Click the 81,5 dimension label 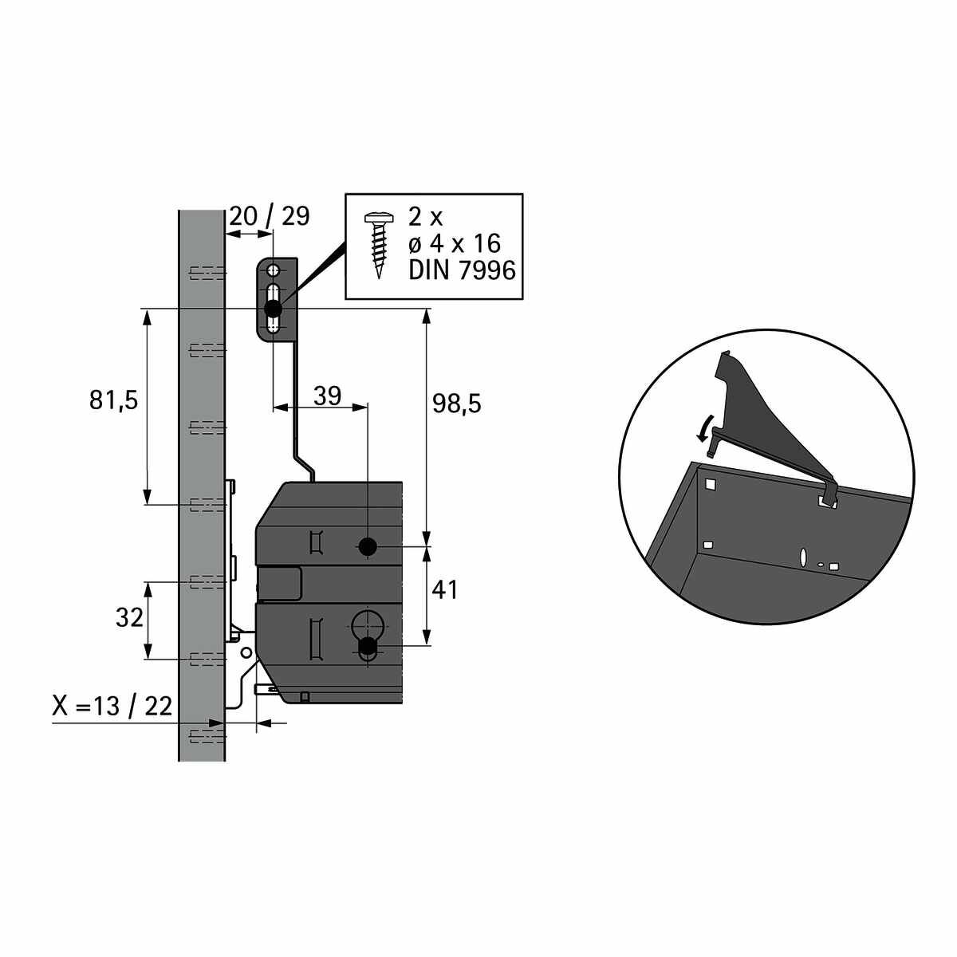113,400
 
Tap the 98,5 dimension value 457,404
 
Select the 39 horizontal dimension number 327,396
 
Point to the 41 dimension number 444,590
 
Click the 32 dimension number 129,618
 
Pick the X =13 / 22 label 112,705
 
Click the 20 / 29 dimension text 270,216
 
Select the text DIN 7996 462,271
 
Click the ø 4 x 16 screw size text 455,244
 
